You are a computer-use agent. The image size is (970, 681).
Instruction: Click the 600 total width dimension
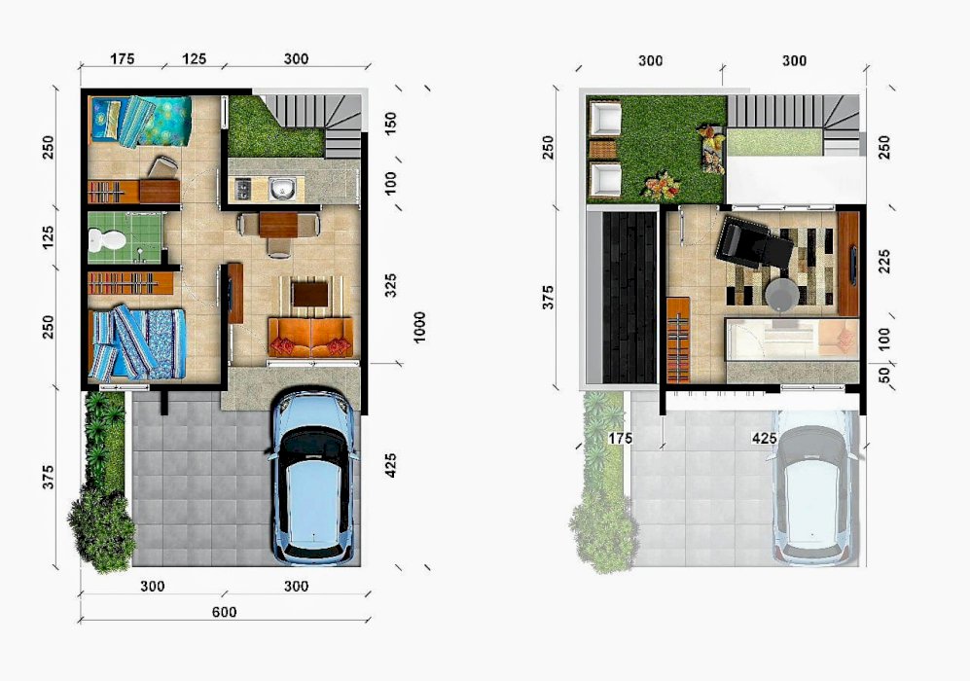point(224,612)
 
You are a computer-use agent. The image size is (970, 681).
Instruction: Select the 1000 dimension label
point(419,327)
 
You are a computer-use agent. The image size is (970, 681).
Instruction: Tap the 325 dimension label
point(390,285)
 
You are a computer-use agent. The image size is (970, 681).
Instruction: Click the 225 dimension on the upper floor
point(884,262)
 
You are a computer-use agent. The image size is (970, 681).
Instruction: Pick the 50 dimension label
point(884,375)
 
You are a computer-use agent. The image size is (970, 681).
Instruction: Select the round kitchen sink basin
point(283,188)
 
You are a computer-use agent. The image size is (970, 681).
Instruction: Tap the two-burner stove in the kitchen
point(243,188)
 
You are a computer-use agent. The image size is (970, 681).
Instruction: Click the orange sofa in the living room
point(310,338)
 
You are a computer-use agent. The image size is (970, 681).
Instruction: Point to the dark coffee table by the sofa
point(310,294)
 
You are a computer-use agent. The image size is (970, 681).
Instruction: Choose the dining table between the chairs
point(278,225)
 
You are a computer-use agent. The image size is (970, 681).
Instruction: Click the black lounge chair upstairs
point(753,242)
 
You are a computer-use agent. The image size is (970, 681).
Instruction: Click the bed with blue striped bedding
point(137,342)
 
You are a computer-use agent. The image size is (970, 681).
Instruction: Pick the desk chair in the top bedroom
point(162,167)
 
